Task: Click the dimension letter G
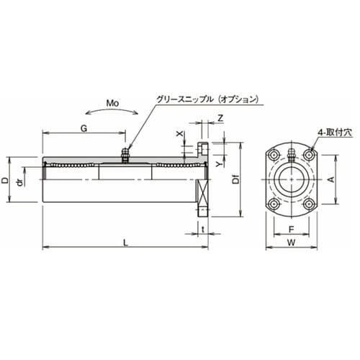pos(84,127)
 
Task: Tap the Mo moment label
pos(112,103)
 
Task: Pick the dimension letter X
pos(181,134)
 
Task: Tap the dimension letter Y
pos(219,163)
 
